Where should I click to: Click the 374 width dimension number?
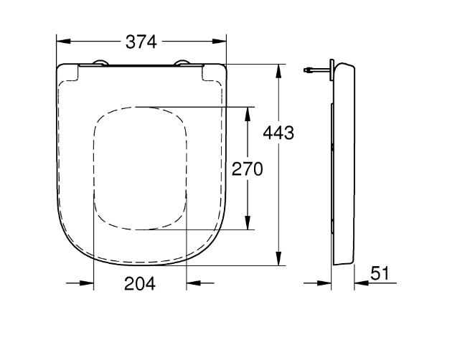[141, 42]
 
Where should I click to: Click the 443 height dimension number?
[278, 133]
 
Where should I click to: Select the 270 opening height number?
[248, 169]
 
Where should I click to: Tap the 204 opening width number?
[140, 284]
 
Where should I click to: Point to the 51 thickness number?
[380, 273]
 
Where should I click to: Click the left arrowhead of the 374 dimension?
[64, 41]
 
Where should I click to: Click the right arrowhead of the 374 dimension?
[220, 41]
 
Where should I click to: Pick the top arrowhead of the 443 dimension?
[278, 71]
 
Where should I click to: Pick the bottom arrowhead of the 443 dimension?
[278, 258]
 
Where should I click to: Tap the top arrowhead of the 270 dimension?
[248, 114]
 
